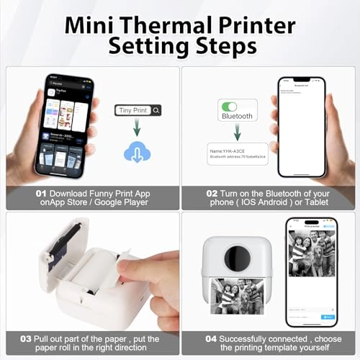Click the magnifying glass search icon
156,110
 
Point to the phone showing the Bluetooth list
302,124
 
